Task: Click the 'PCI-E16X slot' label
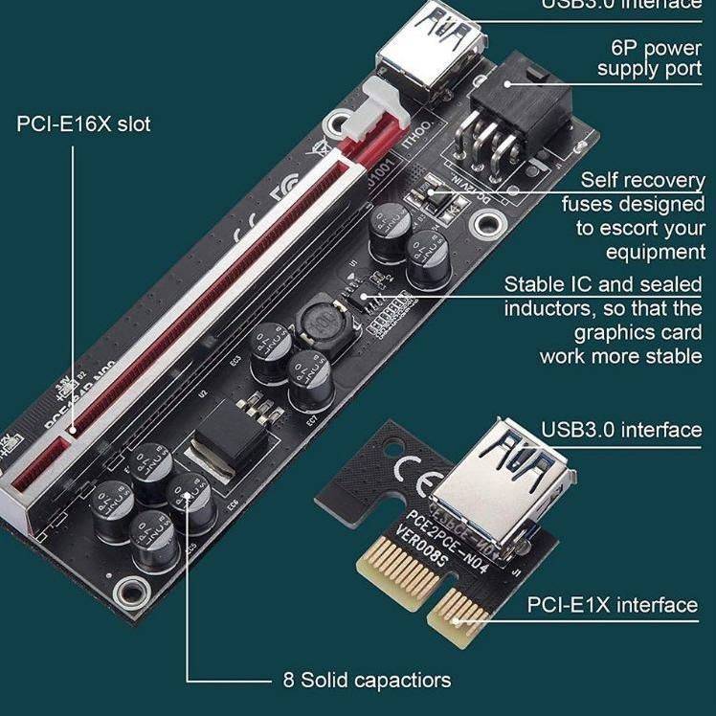[83, 124]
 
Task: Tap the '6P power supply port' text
[649, 57]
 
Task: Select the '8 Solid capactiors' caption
[367, 681]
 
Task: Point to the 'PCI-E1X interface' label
[613, 605]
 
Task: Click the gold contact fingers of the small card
[421, 584]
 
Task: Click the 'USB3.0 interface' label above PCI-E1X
[621, 430]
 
